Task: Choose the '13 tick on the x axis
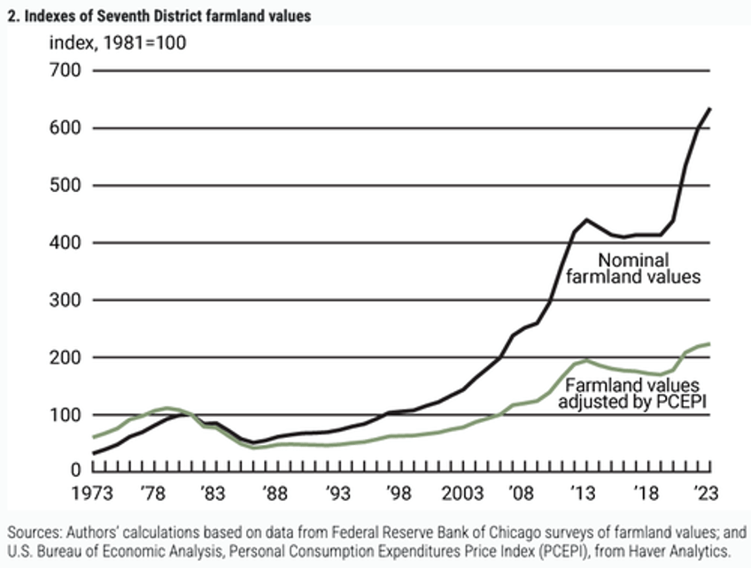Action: click(x=582, y=492)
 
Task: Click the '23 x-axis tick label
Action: click(x=704, y=492)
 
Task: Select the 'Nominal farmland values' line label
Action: click(x=650, y=268)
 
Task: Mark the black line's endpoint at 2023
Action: click(x=710, y=109)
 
